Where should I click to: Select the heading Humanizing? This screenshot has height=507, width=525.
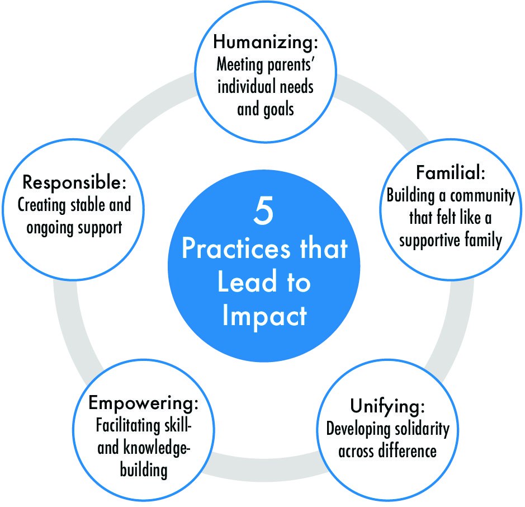point(264,42)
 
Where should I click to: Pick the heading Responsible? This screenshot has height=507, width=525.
point(74,183)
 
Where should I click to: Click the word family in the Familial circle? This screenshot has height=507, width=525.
point(480,240)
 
